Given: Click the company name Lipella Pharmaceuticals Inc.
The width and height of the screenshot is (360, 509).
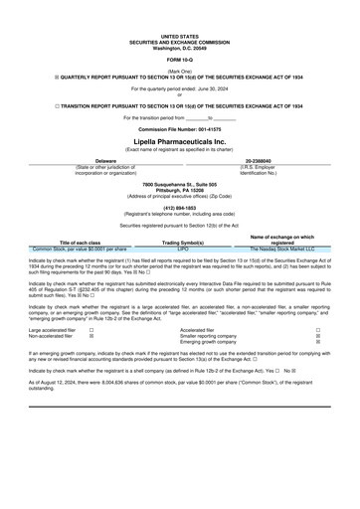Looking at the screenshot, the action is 179,141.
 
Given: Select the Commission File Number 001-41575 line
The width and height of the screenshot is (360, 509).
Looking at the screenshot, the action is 179,130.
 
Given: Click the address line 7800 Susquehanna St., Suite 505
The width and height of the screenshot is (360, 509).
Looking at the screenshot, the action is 179,185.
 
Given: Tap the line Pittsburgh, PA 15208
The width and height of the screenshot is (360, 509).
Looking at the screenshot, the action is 179,191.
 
